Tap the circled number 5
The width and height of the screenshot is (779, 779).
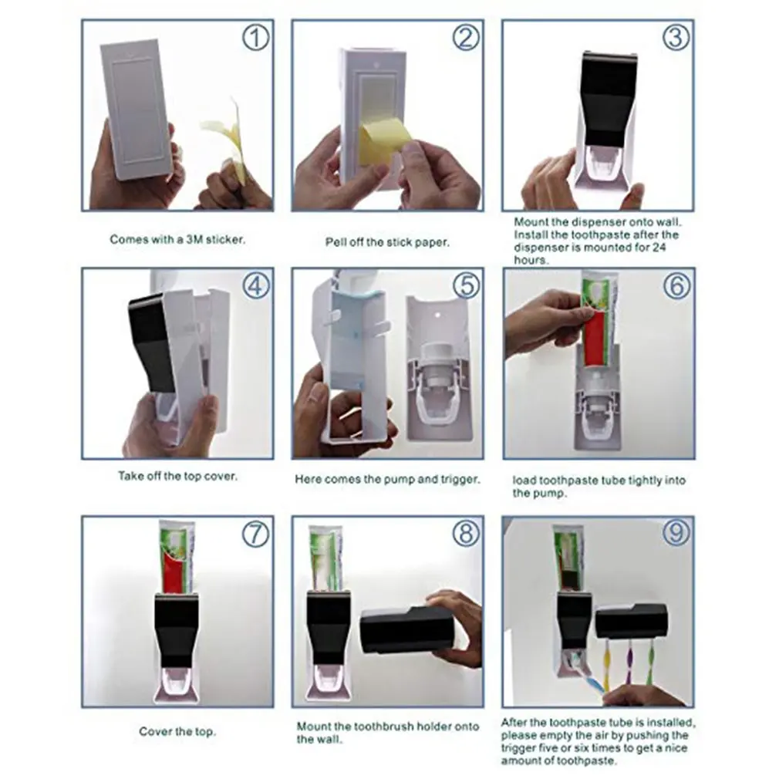465,285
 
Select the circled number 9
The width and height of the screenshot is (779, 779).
676,534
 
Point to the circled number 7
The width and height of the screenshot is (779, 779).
255,534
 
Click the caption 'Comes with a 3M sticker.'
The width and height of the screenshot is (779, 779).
177,240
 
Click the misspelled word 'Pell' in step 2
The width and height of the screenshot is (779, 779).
335,242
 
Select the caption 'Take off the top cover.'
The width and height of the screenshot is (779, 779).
177,476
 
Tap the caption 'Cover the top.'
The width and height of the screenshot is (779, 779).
177,731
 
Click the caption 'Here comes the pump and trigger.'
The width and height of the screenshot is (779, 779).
387,479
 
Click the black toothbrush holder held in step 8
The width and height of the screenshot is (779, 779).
401,629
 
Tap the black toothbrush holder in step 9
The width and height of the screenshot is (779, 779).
631,620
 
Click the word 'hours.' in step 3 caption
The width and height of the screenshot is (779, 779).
531,260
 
